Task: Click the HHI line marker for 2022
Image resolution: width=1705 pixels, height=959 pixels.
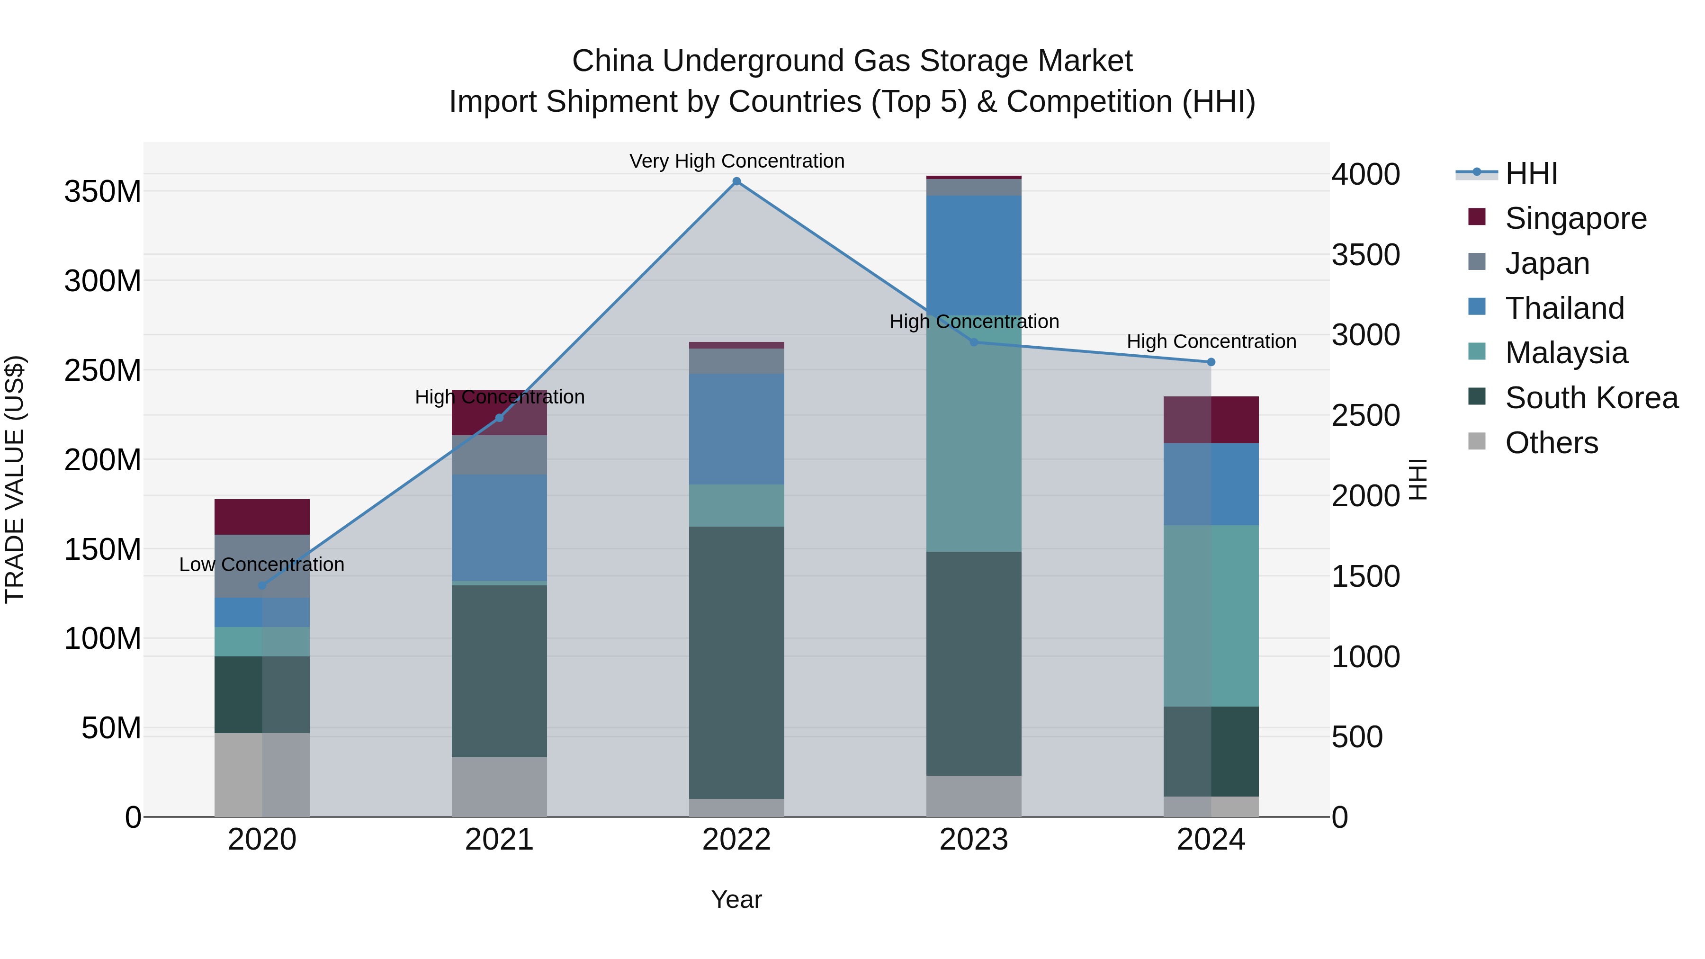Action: click(736, 181)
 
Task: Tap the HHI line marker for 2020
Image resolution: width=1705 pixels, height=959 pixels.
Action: click(262, 585)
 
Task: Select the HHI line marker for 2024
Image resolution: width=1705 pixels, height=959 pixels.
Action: click(1211, 362)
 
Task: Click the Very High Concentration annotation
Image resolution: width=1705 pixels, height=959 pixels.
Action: click(736, 161)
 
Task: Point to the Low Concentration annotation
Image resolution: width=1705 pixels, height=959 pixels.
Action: click(262, 565)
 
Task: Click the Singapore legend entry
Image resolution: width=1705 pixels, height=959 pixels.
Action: click(1575, 218)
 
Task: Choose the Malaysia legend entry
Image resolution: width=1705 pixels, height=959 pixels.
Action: click(1566, 353)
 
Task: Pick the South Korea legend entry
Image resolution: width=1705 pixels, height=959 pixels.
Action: click(1591, 398)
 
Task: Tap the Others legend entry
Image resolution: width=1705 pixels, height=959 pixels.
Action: click(1552, 443)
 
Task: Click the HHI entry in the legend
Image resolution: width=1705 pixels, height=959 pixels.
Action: click(1531, 173)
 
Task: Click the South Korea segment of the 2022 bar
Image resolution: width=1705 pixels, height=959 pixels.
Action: click(736, 662)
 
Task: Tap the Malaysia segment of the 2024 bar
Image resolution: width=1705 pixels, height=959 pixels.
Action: click(1211, 616)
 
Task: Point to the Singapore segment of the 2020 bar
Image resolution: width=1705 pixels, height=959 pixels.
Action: click(262, 517)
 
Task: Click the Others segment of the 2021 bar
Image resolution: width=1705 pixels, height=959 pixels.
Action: click(499, 786)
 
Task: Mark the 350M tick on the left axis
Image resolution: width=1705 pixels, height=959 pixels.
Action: click(103, 192)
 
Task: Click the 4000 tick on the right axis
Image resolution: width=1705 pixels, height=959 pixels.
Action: click(1365, 175)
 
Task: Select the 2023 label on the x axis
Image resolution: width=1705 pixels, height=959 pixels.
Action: click(974, 840)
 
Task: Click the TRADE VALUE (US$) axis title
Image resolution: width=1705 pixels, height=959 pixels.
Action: click(15, 479)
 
